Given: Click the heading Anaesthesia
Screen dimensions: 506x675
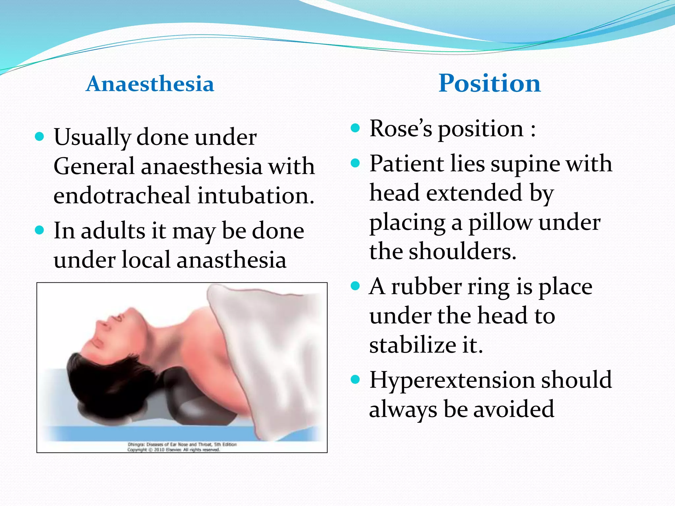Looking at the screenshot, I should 150,84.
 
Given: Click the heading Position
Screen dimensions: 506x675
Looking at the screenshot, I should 489,83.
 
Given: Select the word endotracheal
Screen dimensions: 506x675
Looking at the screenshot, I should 122,195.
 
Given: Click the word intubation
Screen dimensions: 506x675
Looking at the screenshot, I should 256,195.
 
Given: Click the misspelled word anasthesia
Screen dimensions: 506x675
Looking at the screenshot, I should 231,260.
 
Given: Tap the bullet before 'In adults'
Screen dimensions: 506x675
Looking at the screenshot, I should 39,230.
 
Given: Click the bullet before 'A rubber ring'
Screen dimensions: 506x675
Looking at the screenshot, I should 355,286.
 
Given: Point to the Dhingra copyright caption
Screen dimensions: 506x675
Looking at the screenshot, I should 182,447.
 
